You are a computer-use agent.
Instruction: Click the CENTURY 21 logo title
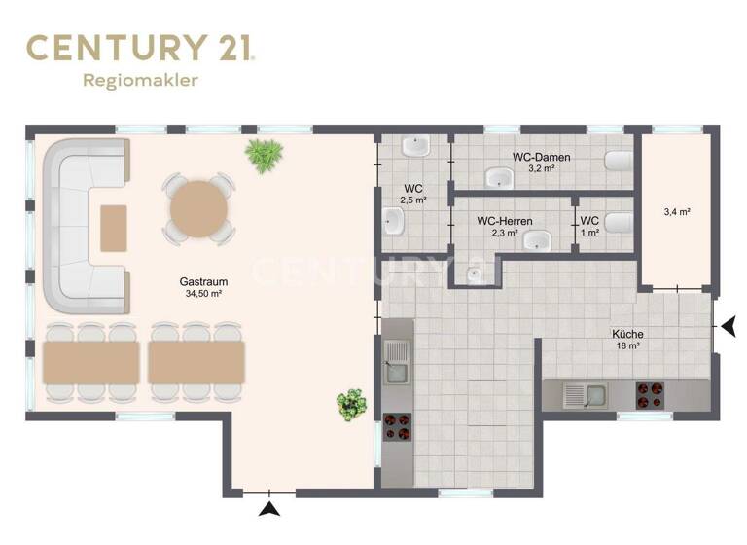click(140, 48)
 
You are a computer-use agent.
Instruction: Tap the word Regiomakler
click(140, 81)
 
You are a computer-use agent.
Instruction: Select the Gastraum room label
click(197, 281)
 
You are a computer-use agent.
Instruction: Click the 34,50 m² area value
click(197, 293)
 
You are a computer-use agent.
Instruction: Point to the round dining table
click(198, 206)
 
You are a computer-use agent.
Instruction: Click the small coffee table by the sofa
click(114, 229)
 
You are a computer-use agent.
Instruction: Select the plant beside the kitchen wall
click(351, 403)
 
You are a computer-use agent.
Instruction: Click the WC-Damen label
click(541, 157)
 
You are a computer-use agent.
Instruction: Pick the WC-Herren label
click(504, 222)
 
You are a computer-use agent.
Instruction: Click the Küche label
click(627, 334)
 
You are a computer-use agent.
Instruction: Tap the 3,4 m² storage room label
click(676, 211)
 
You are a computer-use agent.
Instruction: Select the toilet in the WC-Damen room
click(618, 161)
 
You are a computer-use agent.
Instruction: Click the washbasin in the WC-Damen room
click(501, 178)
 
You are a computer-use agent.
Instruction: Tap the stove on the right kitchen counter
click(649, 395)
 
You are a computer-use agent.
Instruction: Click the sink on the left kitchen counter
click(398, 369)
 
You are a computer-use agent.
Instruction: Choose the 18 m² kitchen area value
click(627, 345)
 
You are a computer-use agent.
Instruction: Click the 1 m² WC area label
click(589, 232)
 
